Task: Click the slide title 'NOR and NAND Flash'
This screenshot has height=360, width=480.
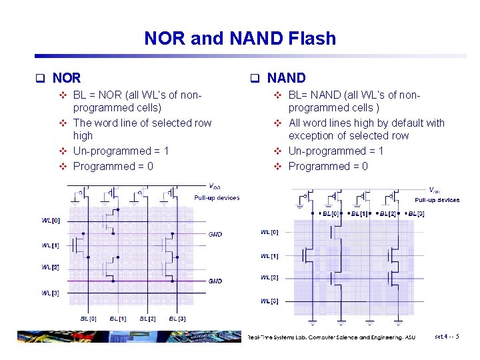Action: (240, 39)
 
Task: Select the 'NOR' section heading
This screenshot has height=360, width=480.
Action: (67, 78)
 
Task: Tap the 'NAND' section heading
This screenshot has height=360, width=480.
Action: (286, 78)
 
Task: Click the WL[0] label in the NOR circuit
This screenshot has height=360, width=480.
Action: (51, 221)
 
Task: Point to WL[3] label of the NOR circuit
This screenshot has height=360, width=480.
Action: (51, 293)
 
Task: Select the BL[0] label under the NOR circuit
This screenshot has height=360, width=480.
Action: (89, 319)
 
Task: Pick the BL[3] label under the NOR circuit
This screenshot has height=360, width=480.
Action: (177, 319)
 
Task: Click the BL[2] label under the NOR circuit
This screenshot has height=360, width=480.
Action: (148, 319)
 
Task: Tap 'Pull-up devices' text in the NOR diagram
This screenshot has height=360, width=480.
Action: (217, 198)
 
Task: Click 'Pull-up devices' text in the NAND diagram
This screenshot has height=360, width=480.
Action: (437, 200)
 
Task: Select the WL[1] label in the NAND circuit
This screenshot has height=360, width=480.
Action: (269, 256)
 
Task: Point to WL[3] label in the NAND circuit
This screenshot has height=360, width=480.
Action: (269, 301)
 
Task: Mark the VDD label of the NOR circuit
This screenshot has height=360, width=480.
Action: (215, 187)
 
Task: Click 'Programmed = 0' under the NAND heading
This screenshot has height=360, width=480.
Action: (328, 166)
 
